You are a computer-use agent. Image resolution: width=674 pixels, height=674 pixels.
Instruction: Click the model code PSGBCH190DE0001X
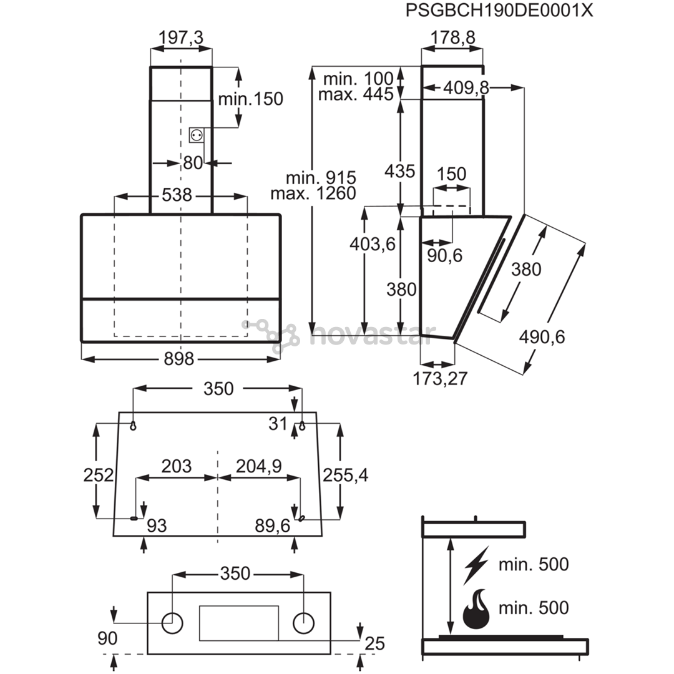point(499,11)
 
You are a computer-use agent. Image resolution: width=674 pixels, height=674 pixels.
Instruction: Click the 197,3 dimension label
point(181,38)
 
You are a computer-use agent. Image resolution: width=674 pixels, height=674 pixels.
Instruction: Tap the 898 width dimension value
point(179,358)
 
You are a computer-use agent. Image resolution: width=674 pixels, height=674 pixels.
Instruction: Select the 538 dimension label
point(177,195)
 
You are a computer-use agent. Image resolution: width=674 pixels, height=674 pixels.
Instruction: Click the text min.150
point(251,99)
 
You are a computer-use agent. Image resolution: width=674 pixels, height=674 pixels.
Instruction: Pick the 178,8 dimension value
point(453,38)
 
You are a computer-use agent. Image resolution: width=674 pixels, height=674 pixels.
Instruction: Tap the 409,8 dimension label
point(466,88)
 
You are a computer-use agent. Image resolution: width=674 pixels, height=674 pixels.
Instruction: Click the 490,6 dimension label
point(542,337)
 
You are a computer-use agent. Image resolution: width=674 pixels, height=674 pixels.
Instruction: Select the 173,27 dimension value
point(440,378)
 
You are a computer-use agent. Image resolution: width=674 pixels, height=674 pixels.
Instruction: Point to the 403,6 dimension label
point(372,244)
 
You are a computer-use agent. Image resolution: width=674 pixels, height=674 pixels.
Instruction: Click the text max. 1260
point(313,193)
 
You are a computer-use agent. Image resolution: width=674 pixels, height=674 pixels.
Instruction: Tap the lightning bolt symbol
point(476,565)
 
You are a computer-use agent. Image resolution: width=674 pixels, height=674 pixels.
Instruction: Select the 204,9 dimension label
point(259,466)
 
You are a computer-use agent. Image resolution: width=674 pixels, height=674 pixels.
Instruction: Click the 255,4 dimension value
point(346,476)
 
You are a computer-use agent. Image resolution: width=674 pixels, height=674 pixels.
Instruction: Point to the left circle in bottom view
point(172,623)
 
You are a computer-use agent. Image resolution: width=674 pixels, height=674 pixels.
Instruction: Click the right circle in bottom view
point(303,623)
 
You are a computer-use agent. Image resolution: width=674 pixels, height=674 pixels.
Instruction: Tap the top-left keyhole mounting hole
point(134,426)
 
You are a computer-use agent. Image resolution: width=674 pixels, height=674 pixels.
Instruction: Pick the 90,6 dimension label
point(444,256)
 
